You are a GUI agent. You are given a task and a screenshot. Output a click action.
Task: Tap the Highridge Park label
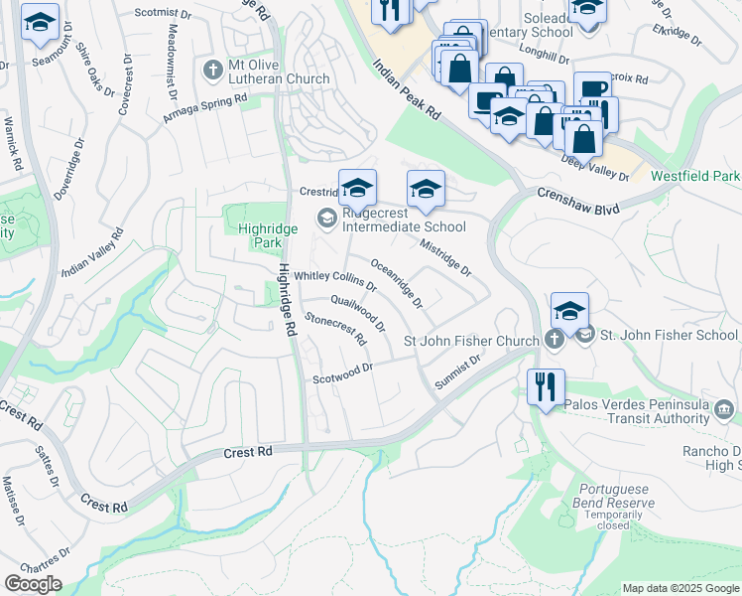(261, 234)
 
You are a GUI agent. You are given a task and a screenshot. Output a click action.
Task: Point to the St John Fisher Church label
(471, 342)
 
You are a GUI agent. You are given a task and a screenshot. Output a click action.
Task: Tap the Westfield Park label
(694, 176)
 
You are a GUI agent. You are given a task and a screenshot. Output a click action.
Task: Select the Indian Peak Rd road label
(406, 89)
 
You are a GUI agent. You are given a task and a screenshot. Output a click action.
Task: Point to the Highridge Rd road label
(287, 303)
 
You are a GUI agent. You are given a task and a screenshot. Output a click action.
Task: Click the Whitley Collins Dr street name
(335, 281)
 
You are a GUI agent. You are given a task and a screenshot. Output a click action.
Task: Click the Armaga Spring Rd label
(205, 110)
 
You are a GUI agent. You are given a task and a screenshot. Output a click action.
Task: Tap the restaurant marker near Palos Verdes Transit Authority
(546, 386)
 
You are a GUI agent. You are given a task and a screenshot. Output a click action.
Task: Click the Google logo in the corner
(33, 584)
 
